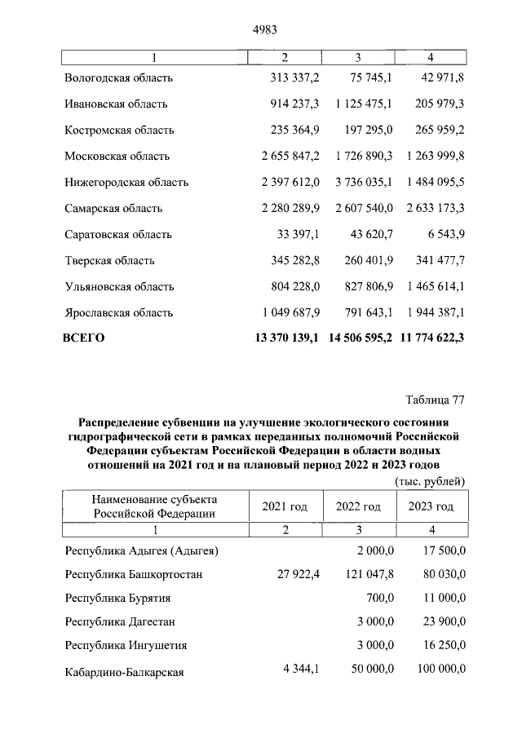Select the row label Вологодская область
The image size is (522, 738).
click(118, 78)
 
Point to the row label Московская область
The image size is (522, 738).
click(117, 157)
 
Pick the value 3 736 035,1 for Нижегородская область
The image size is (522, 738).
click(364, 183)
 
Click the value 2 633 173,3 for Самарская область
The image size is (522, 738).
click(433, 209)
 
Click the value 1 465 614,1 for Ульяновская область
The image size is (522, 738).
click(433, 287)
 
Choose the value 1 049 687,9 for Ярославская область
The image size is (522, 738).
click(290, 313)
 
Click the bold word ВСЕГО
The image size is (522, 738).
click(84, 338)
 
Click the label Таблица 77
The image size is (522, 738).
click(434, 400)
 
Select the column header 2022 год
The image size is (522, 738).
click(358, 507)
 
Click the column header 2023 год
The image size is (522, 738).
click(431, 507)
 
